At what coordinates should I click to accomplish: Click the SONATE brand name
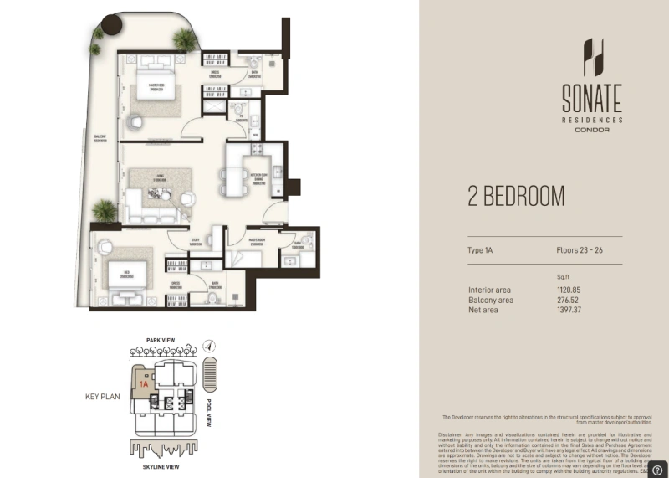point(591,100)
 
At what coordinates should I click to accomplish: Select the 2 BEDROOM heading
point(516,197)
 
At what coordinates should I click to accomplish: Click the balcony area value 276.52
point(568,300)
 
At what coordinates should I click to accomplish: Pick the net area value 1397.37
point(568,310)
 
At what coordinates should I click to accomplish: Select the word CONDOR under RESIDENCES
point(591,131)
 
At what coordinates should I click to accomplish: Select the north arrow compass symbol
point(211,345)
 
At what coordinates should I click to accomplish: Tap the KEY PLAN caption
point(105,398)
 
